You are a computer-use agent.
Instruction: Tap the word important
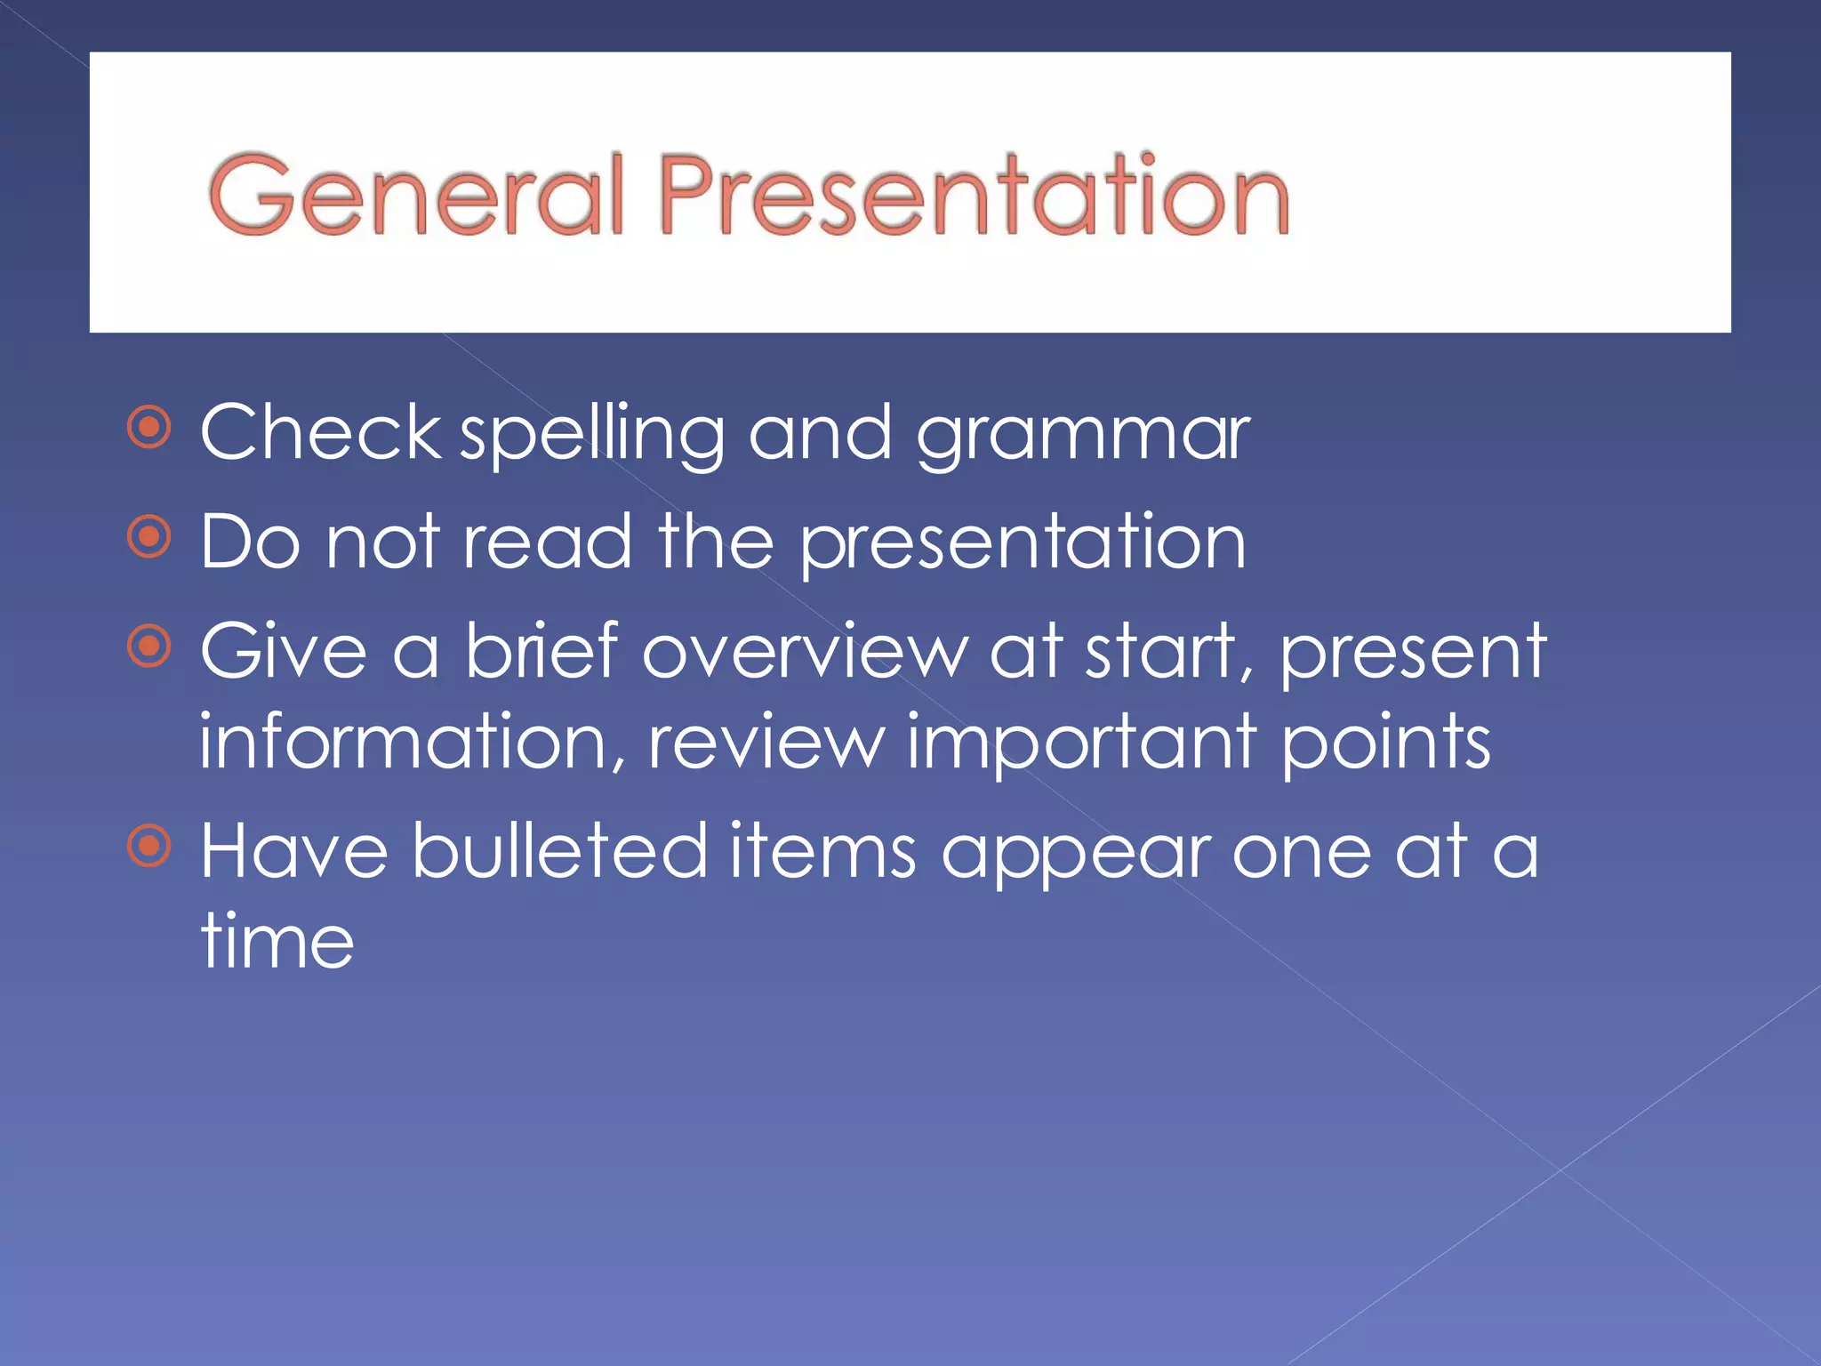(1081, 743)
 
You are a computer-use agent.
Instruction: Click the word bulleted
(559, 850)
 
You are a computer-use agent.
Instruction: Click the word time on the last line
(277, 941)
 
